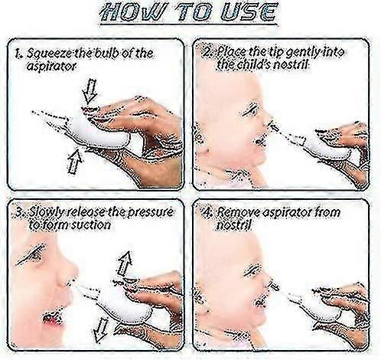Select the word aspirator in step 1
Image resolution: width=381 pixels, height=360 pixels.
click(51, 66)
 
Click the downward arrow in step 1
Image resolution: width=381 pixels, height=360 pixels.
click(90, 91)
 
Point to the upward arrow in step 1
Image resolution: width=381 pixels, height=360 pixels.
click(74, 162)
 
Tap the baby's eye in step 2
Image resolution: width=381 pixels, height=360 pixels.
click(250, 110)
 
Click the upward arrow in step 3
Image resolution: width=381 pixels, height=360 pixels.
click(125, 263)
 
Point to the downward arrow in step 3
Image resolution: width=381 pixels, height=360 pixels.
click(101, 330)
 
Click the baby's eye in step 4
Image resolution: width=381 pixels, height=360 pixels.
click(253, 270)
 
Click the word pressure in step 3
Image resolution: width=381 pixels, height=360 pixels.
click(150, 212)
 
